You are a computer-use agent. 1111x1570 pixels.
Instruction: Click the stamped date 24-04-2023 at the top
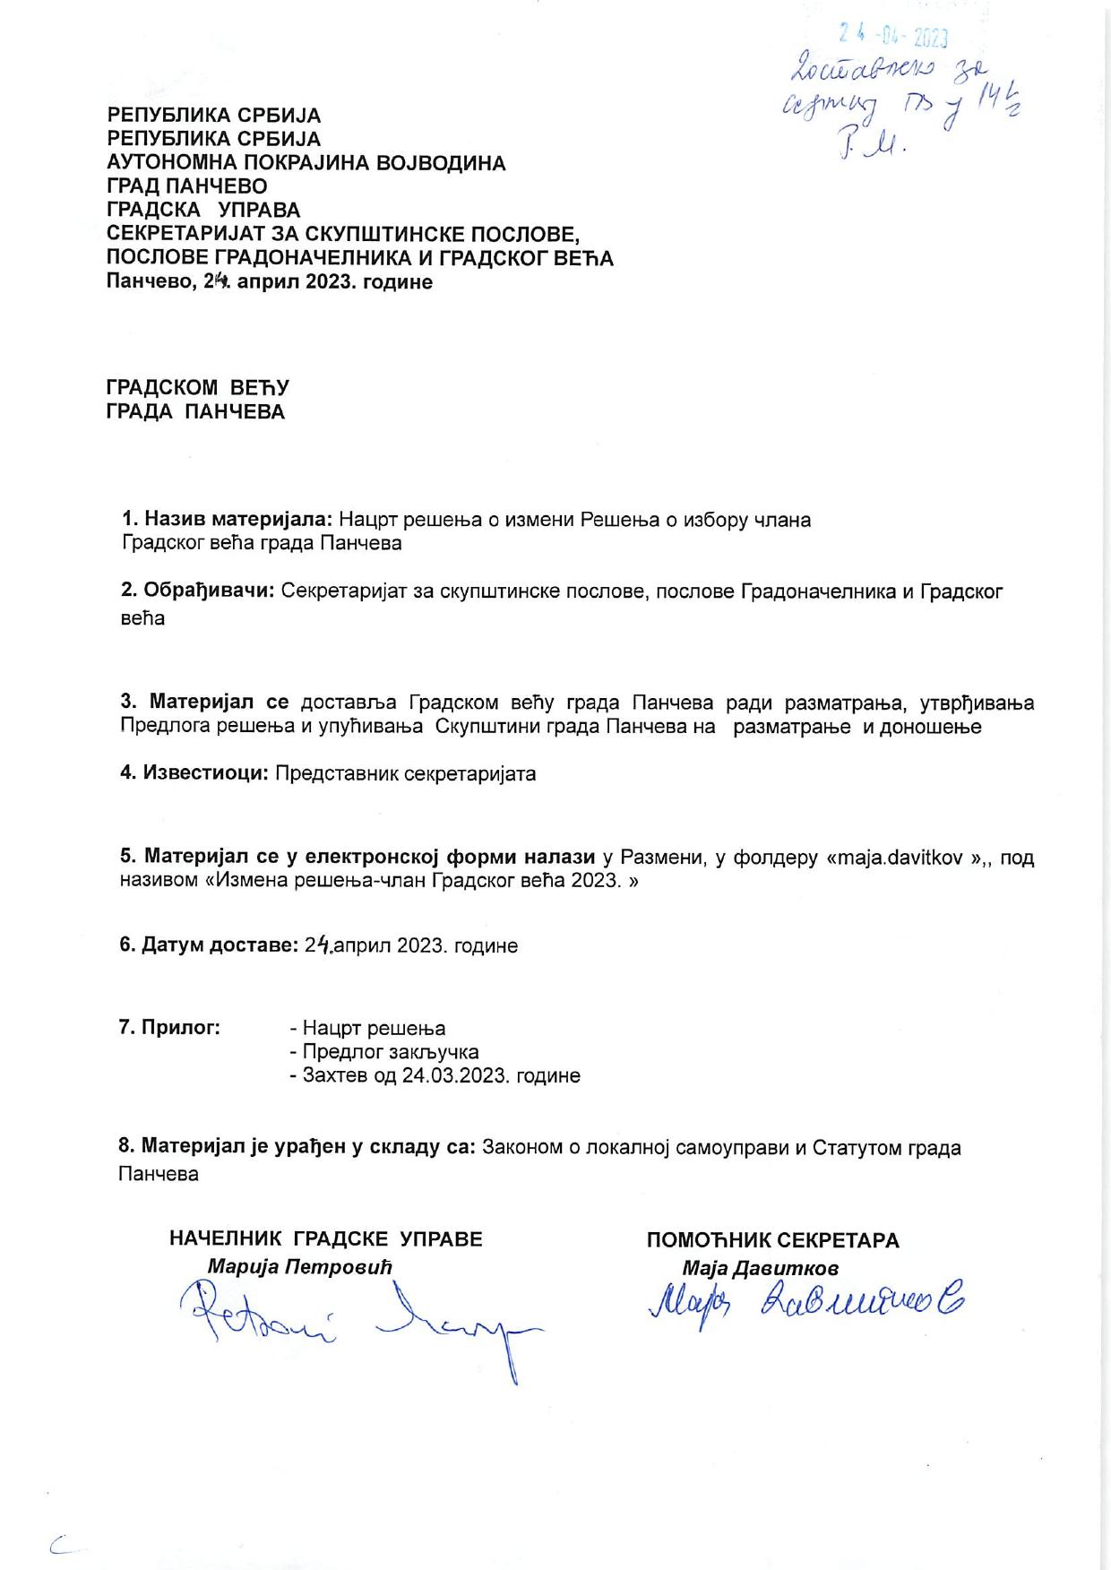coord(893,36)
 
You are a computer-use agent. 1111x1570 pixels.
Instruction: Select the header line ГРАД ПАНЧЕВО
coord(186,186)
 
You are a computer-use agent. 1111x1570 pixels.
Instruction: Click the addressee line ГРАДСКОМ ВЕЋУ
coord(197,388)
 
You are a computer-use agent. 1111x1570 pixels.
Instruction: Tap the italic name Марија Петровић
coord(300,1267)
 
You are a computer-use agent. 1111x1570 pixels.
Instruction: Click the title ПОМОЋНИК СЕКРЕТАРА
coord(772,1241)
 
